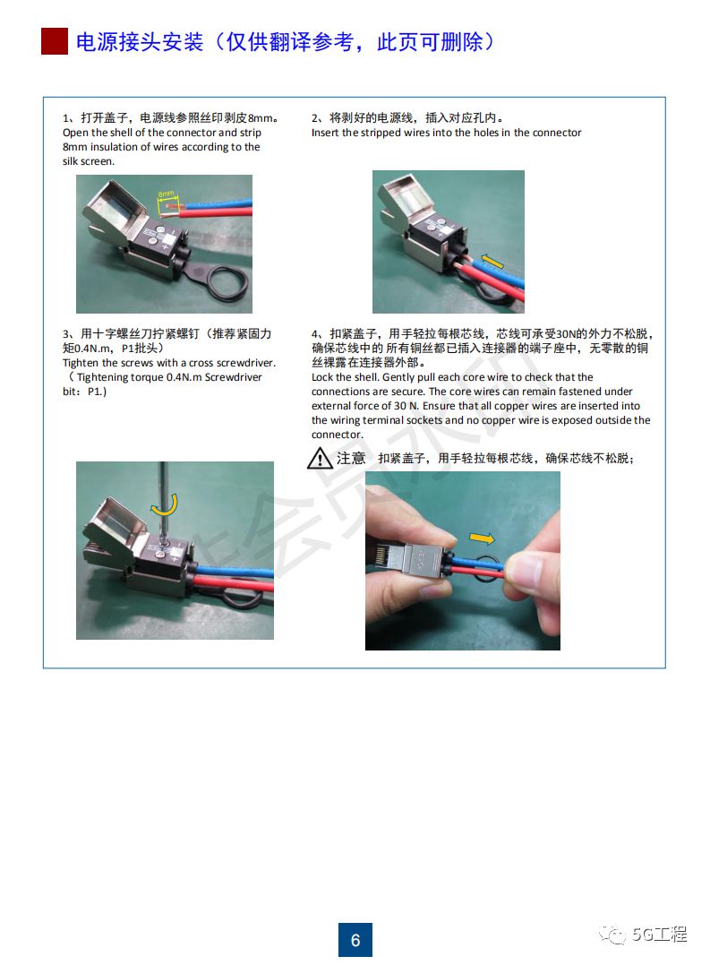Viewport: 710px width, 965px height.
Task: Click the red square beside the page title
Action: tap(54, 41)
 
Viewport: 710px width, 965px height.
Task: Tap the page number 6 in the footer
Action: tap(355, 940)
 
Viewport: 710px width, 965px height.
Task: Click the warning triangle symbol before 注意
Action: tap(320, 459)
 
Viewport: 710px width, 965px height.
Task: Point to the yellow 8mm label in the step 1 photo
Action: tap(166, 194)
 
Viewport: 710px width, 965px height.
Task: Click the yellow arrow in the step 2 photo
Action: tap(492, 261)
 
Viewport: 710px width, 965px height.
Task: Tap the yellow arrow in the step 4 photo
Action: tap(482, 539)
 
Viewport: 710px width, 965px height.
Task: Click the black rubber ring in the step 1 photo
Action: tap(228, 280)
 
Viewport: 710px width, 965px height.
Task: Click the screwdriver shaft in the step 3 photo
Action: tap(162, 497)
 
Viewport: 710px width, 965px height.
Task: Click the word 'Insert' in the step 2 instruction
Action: tap(325, 133)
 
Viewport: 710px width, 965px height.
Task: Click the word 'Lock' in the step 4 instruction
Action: tap(322, 376)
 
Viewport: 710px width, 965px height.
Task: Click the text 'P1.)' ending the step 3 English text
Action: tap(97, 392)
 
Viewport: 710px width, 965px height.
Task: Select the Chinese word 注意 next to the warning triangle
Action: tap(351, 459)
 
